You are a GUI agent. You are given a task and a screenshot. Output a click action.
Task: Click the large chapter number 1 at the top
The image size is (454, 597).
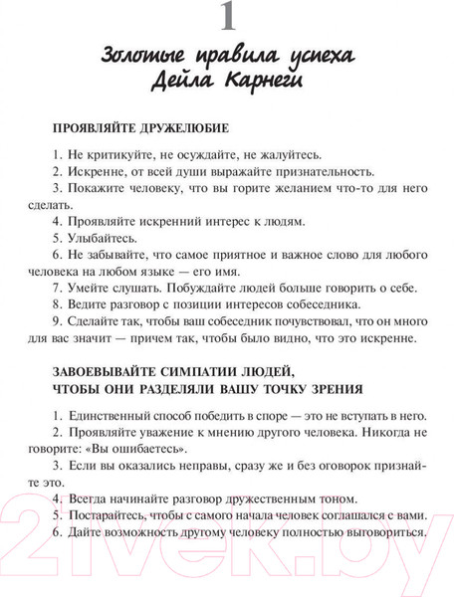(x=228, y=20)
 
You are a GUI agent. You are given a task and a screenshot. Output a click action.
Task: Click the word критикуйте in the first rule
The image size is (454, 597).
(x=113, y=155)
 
